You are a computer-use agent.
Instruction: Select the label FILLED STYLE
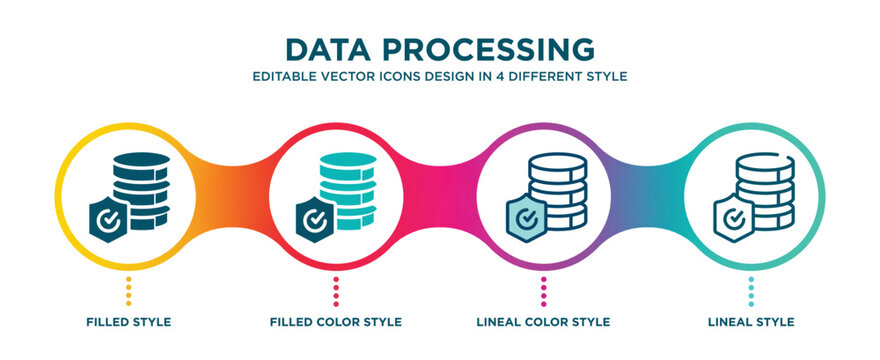click(x=128, y=322)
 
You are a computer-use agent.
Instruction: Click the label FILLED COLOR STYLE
click(x=336, y=322)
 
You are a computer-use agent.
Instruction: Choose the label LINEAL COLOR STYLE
click(x=544, y=322)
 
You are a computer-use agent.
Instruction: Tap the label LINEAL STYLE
click(x=752, y=322)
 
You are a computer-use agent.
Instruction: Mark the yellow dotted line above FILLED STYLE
click(x=128, y=291)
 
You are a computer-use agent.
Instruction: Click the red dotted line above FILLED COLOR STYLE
click(x=336, y=291)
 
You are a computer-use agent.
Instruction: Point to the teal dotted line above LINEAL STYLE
click(x=752, y=291)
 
